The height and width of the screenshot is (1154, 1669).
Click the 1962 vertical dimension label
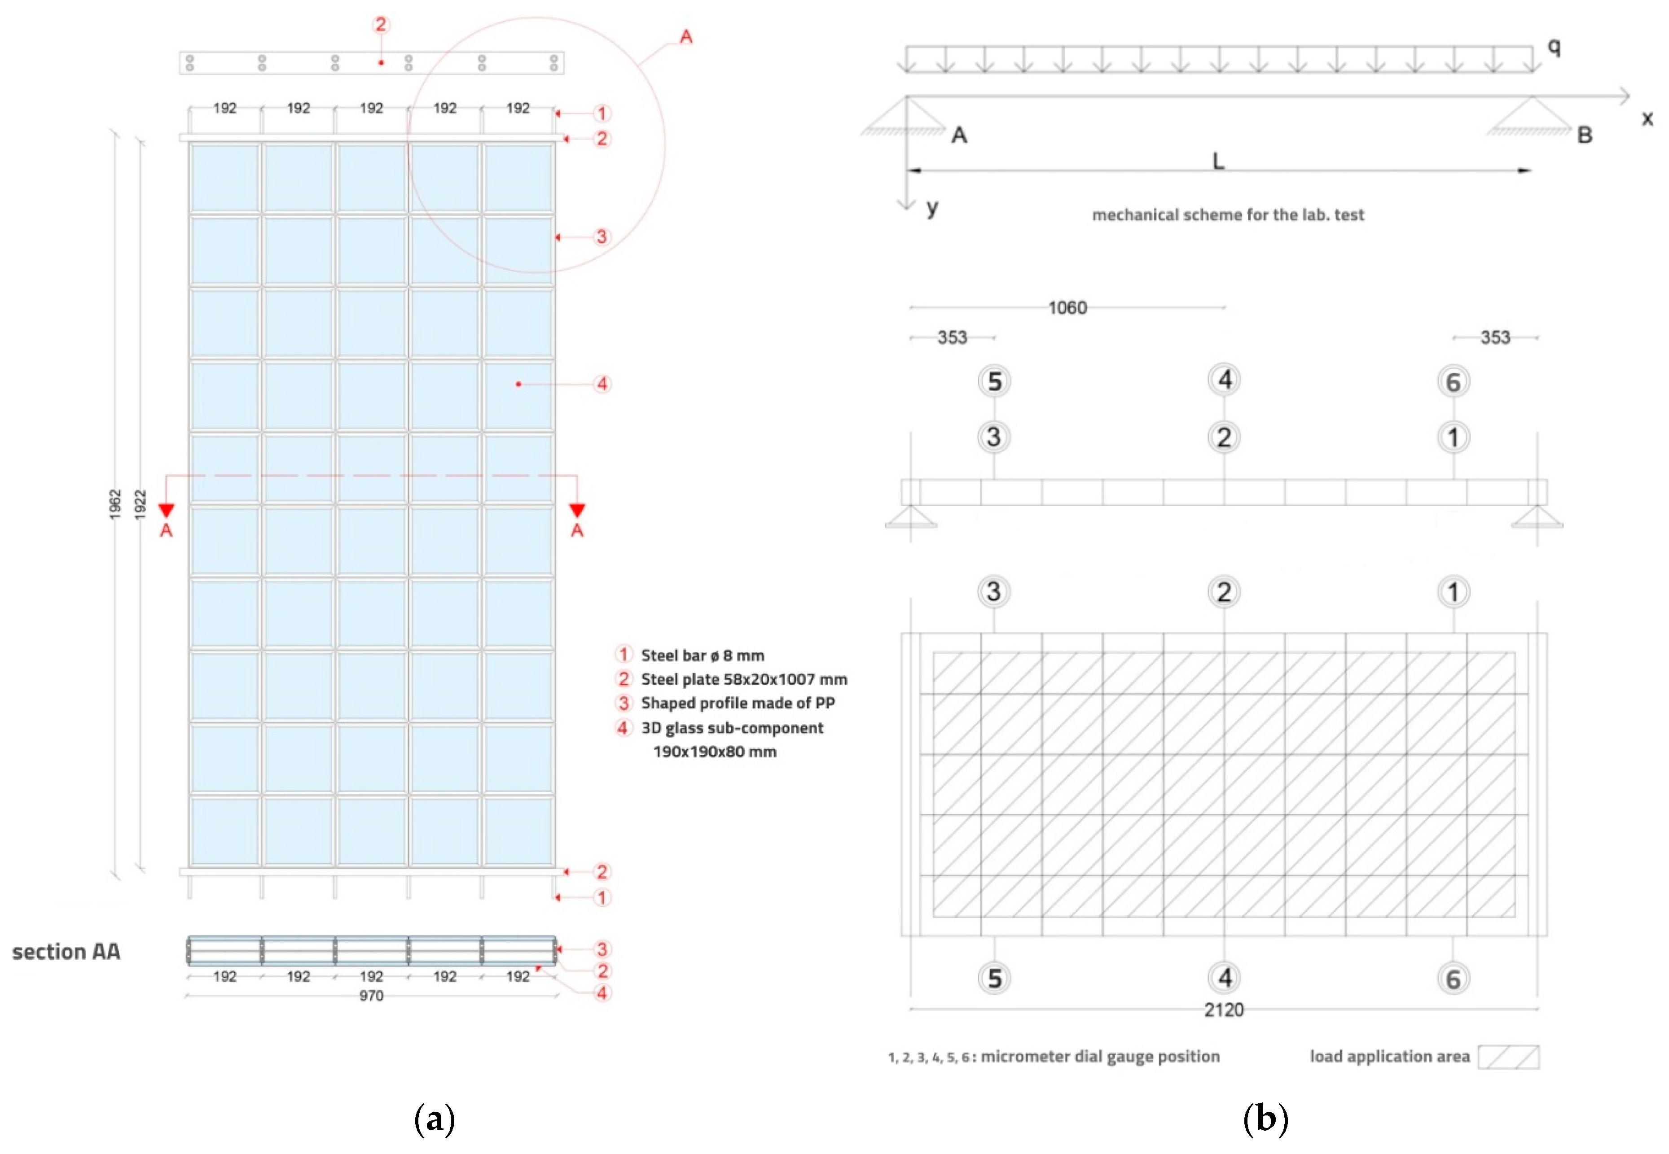point(115,503)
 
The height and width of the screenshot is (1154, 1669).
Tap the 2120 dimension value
point(1223,1010)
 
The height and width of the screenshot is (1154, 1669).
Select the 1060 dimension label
point(1067,308)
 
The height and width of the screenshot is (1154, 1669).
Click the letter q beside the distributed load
point(1553,48)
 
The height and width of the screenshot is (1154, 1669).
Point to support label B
point(1584,135)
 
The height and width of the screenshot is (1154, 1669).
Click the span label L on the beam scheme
point(1218,161)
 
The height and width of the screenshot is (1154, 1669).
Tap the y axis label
point(932,208)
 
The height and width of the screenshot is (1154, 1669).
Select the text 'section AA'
point(66,952)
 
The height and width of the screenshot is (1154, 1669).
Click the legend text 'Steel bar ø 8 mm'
point(702,656)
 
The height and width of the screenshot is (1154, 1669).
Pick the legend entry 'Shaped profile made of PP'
point(737,704)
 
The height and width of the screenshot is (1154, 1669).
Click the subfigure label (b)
point(1265,1119)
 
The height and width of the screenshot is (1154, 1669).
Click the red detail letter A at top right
point(686,37)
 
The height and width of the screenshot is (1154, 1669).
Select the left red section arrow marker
point(167,511)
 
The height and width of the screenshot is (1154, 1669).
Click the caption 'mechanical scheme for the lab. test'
point(1228,215)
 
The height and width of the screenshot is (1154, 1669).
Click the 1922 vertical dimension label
point(141,503)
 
